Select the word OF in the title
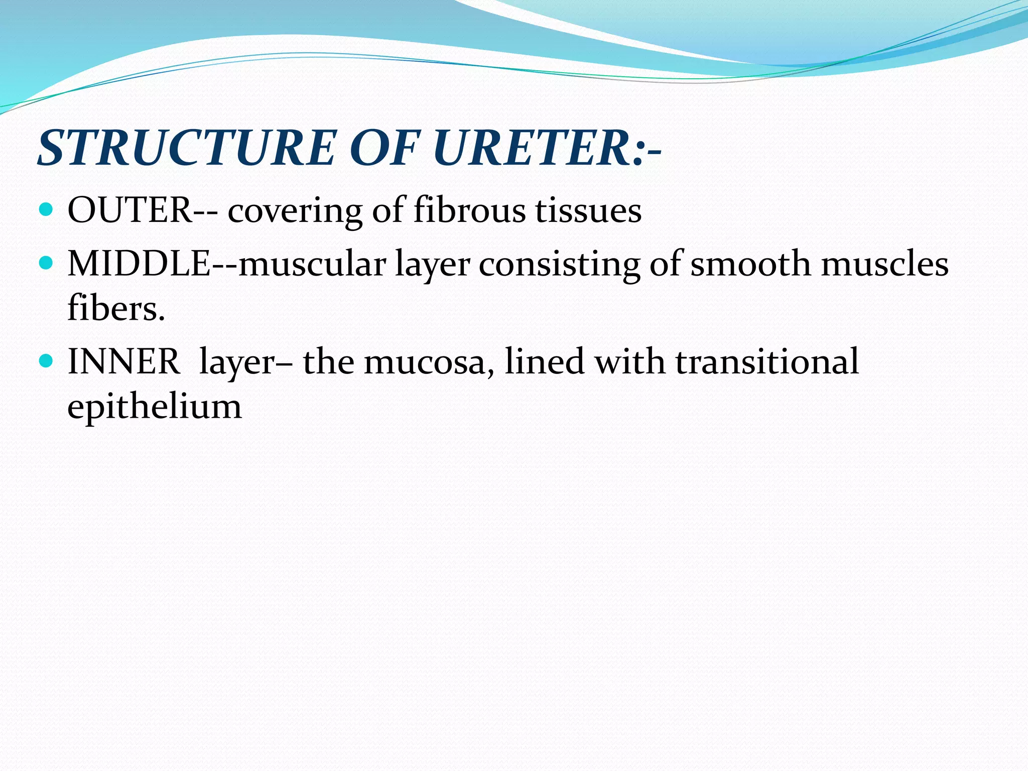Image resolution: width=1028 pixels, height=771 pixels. click(384, 148)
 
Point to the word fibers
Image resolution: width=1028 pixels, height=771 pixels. click(115, 308)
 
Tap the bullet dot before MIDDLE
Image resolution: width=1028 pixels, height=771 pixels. click(46, 263)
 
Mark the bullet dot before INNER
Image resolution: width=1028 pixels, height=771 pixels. click(46, 360)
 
